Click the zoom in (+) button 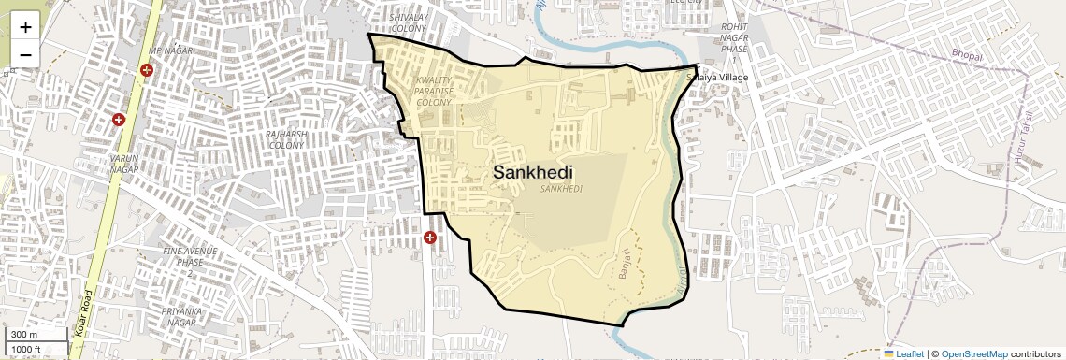tap(25, 27)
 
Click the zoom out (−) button tap(25, 54)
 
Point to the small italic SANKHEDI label tap(561, 189)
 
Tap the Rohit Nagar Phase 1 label tap(735, 43)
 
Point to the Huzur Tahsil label tap(1021, 140)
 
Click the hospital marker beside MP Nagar tap(147, 70)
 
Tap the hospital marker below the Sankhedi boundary tap(430, 238)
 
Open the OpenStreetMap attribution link tap(973, 353)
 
